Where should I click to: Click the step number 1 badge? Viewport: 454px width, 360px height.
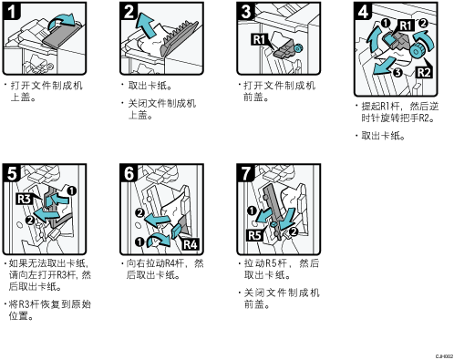point(12,12)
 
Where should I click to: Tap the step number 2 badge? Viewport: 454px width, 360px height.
point(129,12)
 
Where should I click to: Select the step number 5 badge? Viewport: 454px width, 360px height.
point(12,173)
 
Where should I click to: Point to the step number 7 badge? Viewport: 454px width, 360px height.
point(246,173)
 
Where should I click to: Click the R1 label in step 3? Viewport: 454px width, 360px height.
point(259,40)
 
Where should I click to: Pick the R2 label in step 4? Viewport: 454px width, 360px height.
point(424,73)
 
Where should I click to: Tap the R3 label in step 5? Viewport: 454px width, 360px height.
point(24,199)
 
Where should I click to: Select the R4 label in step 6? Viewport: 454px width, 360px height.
point(191,244)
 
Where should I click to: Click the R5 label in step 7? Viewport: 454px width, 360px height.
point(254,235)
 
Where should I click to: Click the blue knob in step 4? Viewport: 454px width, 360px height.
point(416,51)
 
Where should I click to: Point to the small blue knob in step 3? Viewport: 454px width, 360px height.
point(298,47)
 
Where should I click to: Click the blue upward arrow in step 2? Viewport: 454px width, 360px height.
point(145,26)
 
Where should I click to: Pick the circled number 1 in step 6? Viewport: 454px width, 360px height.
point(139,242)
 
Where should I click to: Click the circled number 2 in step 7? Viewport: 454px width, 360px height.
point(294,231)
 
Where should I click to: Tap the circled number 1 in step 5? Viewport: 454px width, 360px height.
point(72,190)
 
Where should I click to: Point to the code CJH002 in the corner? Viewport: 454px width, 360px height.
point(444,356)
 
